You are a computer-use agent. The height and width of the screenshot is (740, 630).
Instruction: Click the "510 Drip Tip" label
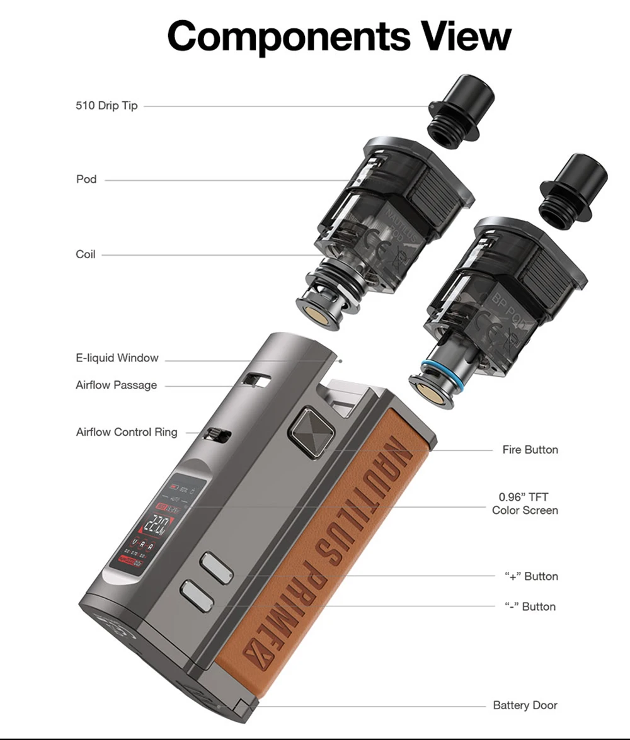[x=106, y=105]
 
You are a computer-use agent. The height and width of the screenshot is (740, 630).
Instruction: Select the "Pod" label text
[x=86, y=179]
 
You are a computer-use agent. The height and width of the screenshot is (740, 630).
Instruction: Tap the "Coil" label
[x=86, y=254]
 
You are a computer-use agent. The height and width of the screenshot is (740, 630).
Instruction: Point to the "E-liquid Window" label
[x=117, y=358]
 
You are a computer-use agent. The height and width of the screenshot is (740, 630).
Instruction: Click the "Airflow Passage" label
[x=117, y=385]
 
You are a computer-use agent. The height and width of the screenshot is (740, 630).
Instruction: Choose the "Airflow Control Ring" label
[x=127, y=432]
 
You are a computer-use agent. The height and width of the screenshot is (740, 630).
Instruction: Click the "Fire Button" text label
[x=530, y=450]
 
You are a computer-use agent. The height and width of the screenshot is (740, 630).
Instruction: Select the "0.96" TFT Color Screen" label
[x=525, y=504]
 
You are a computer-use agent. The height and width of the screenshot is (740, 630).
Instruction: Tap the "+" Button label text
[x=531, y=576]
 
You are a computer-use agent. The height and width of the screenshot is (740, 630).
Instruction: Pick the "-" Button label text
[x=530, y=606]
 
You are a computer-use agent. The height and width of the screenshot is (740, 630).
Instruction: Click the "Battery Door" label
[x=525, y=705]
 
